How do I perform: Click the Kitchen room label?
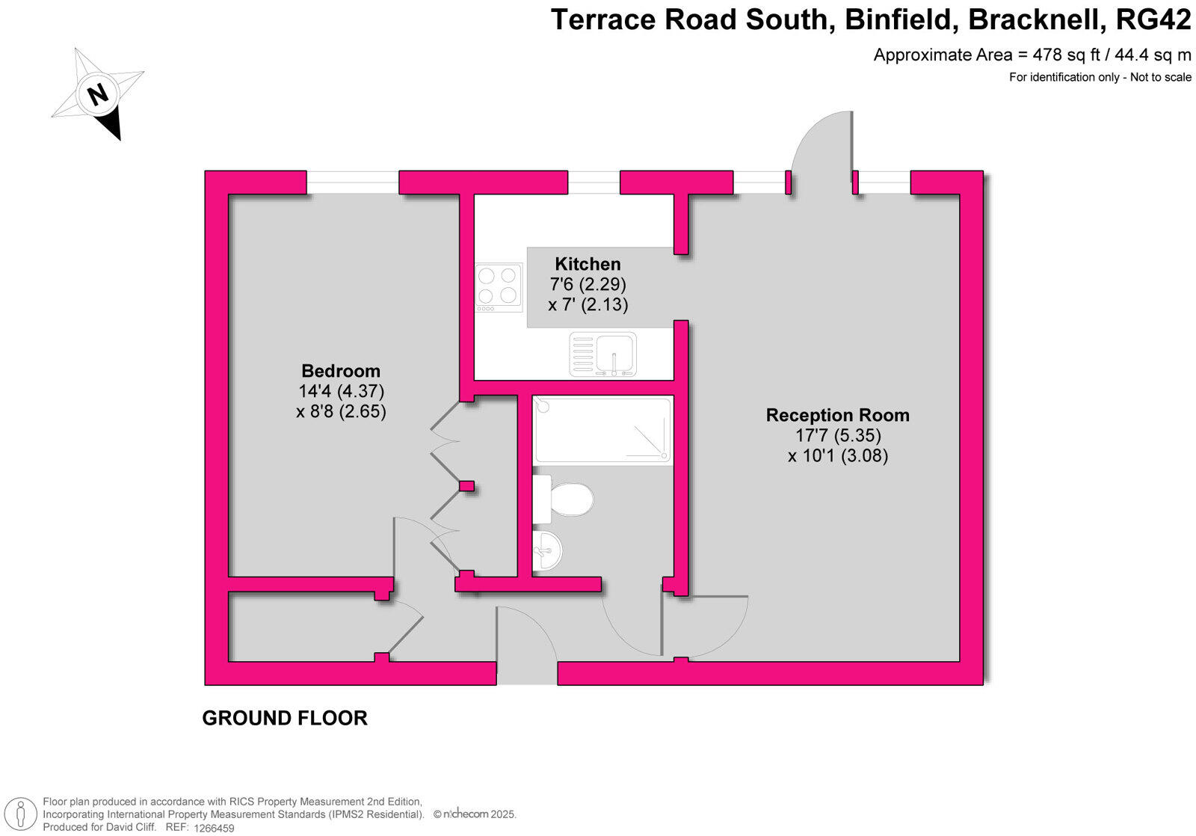click(x=588, y=264)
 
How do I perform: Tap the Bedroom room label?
click(x=341, y=371)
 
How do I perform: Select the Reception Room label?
click(x=837, y=415)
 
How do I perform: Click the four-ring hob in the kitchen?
click(x=499, y=286)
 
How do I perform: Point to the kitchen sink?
click(x=603, y=354)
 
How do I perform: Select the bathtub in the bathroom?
click(x=602, y=430)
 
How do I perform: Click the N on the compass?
click(x=97, y=94)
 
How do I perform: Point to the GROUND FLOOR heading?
click(x=285, y=718)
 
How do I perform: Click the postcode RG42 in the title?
click(x=1153, y=20)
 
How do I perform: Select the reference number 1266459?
click(x=214, y=828)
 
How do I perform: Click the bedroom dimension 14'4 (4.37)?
click(x=341, y=391)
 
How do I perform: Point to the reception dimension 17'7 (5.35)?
click(x=837, y=435)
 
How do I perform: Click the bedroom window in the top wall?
click(x=352, y=182)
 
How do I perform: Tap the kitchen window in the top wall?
click(x=594, y=182)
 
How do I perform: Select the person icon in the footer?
click(x=25, y=814)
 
